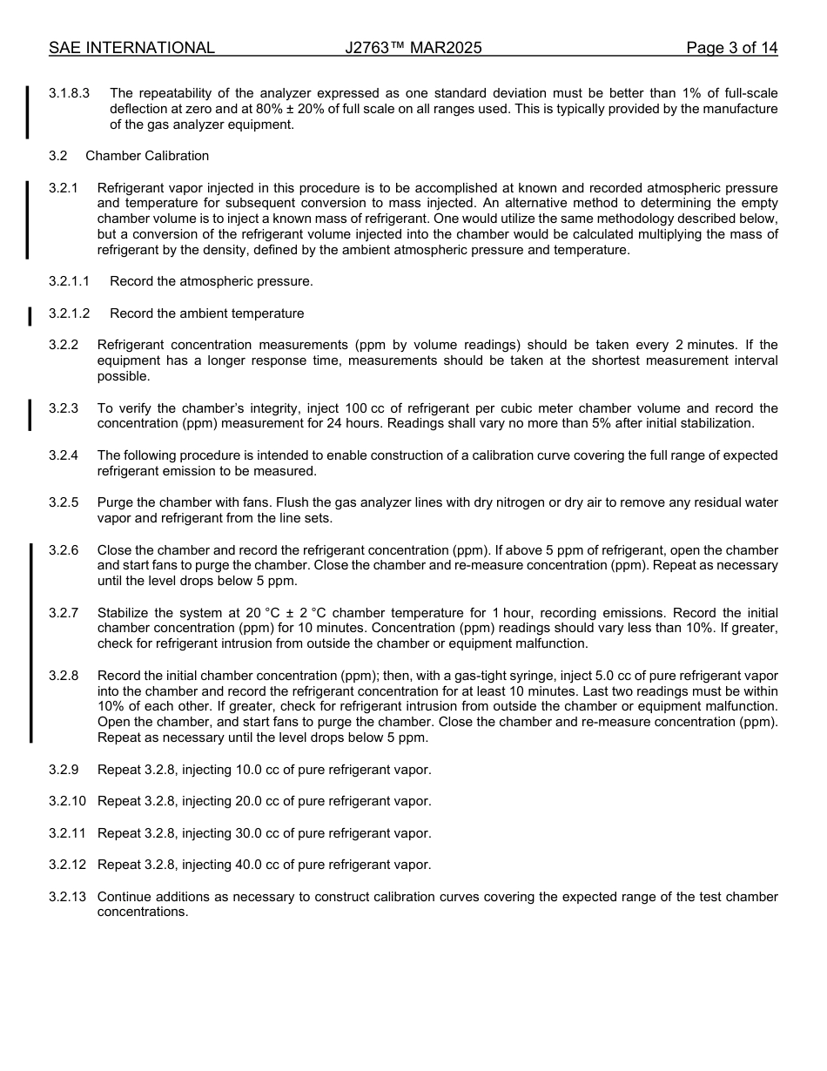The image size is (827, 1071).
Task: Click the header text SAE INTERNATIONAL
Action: [131, 48]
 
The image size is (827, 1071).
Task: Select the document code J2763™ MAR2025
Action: [413, 48]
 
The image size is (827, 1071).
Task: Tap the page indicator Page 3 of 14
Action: [731, 48]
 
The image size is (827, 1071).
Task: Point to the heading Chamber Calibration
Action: [147, 156]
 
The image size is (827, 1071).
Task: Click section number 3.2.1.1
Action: [69, 281]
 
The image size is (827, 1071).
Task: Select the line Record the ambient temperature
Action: [207, 313]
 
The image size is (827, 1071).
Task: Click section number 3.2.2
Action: [64, 345]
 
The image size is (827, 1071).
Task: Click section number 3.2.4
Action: [64, 455]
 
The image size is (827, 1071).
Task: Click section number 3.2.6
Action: [64, 550]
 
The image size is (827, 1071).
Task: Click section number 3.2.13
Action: [67, 897]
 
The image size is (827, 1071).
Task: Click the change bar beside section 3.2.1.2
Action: [30, 314]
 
